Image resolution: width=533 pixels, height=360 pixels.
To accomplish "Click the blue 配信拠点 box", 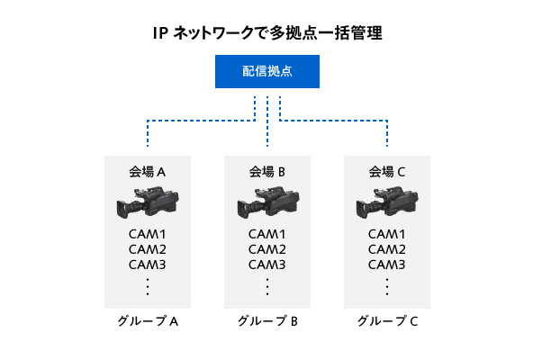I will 267,71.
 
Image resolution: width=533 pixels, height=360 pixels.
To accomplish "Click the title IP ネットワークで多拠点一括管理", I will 267,34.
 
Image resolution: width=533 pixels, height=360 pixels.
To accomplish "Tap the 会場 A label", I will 148,171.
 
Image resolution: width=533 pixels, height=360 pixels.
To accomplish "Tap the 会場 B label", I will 267,171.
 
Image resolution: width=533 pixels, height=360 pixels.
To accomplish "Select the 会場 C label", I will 387,171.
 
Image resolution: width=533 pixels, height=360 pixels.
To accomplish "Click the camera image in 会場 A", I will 147,203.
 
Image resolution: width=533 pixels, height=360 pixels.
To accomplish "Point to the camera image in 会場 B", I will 266,203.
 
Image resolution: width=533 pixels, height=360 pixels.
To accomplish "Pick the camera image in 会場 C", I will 387,203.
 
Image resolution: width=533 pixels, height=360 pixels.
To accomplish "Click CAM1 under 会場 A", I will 148,234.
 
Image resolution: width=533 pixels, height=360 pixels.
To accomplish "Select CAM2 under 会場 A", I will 148,249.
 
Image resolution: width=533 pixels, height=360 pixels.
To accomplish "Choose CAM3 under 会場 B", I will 267,265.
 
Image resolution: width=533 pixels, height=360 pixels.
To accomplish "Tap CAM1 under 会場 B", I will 267,234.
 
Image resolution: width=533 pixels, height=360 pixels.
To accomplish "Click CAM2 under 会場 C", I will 387,249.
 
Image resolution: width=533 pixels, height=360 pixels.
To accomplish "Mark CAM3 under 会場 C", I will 387,265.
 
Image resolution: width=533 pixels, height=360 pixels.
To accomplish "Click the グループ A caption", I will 148,321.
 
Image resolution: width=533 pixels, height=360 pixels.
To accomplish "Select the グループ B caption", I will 267,321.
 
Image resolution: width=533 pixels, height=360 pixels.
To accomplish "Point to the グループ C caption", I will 387,321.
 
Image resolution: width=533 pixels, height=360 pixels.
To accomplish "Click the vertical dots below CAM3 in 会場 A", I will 148,287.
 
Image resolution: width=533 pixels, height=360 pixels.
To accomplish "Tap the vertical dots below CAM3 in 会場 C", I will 387,287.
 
